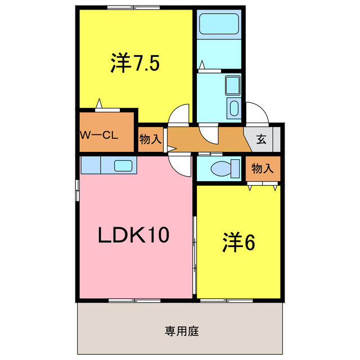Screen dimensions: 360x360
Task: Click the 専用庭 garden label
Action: click(182, 331)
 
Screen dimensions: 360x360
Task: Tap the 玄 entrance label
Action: click(262, 139)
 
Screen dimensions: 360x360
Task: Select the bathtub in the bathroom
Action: click(219, 25)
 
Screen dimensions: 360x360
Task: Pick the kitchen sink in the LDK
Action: click(123, 165)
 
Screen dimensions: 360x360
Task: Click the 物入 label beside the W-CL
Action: click(150, 139)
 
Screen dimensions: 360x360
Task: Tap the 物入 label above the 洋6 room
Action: click(262, 168)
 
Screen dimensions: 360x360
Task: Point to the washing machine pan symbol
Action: click(233, 109)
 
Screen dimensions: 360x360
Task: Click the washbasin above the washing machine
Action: click(232, 85)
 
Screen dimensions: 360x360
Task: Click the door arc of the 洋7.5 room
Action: click(181, 115)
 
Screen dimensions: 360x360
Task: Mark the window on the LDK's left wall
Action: click(78, 190)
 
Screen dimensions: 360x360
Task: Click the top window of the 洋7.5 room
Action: click(135, 7)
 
